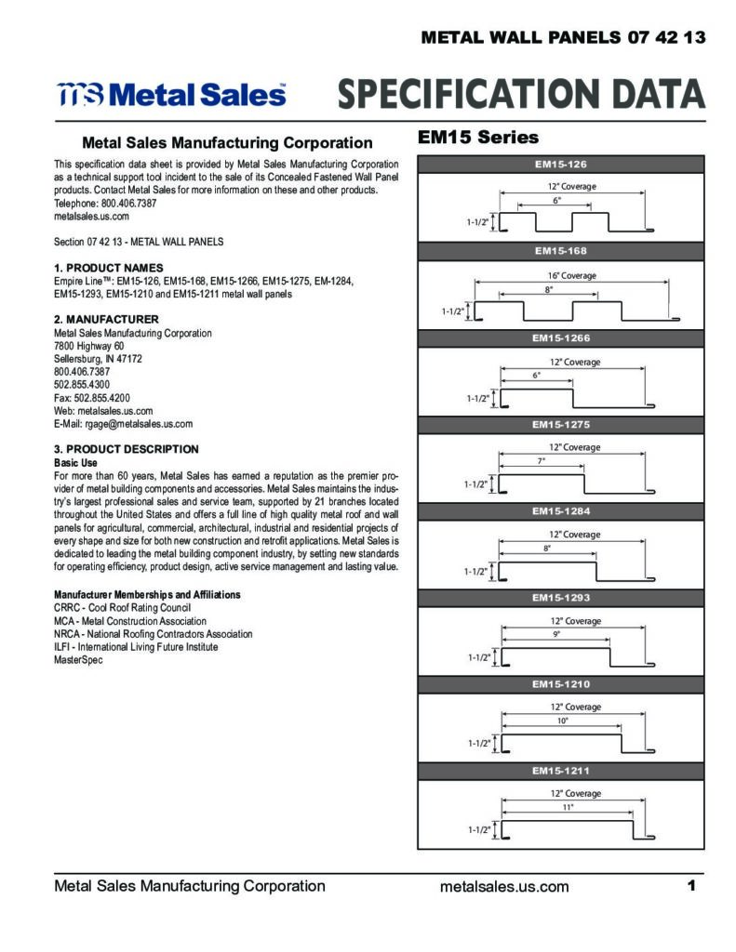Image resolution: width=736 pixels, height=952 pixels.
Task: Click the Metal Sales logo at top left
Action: (171, 94)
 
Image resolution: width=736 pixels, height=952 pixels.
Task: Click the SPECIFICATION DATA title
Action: (521, 94)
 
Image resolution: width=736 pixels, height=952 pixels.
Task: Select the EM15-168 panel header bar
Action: (560, 251)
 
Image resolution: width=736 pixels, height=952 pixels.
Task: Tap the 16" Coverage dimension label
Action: (572, 275)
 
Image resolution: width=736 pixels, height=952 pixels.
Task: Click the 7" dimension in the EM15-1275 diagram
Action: (541, 461)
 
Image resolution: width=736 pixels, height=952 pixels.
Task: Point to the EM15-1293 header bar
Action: (560, 598)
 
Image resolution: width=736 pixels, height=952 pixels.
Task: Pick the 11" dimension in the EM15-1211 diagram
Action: (568, 807)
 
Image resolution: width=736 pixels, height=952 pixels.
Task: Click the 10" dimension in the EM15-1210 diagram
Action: (563, 721)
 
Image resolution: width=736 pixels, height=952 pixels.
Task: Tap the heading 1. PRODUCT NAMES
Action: (109, 268)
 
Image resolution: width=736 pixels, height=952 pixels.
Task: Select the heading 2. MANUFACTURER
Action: (106, 320)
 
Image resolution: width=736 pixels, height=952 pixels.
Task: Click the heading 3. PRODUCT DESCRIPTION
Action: (127, 449)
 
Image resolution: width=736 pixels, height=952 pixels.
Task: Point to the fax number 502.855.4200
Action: (102, 398)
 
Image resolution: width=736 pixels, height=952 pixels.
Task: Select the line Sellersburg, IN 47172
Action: (98, 359)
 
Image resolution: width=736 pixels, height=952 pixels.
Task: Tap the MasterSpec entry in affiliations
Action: (78, 660)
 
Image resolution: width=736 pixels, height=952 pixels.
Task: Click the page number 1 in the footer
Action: (691, 886)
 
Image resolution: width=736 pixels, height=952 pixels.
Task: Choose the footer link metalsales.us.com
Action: (504, 886)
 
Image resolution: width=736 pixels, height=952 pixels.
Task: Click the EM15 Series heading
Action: (478, 138)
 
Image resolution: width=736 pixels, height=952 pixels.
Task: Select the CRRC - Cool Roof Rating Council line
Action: (122, 608)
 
